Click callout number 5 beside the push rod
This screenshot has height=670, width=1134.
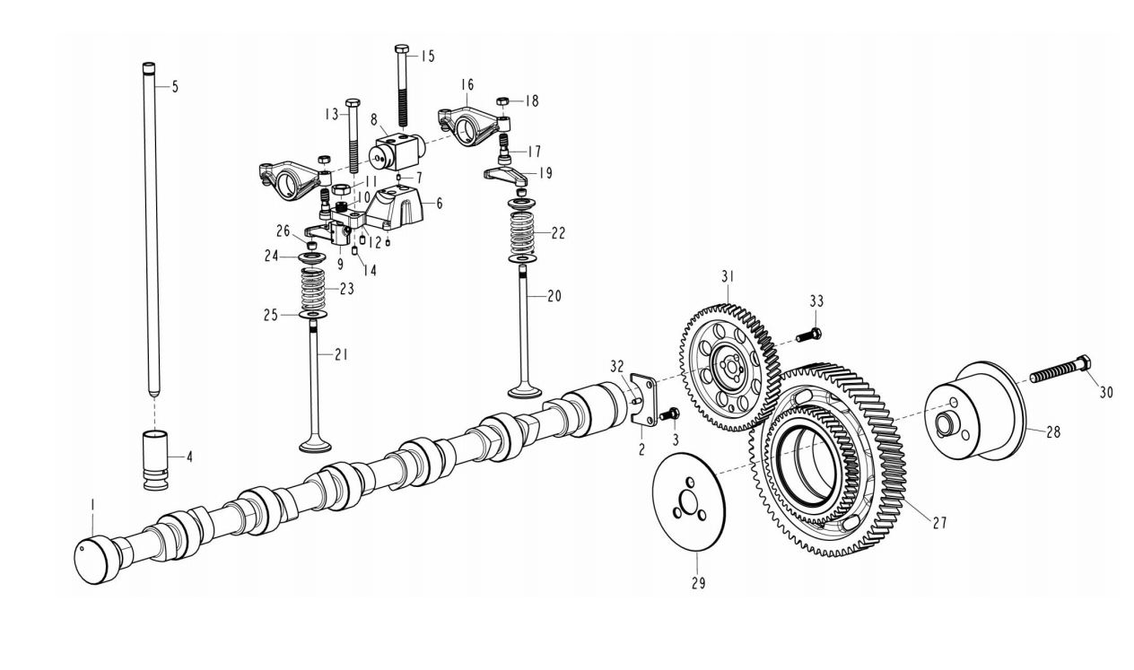point(175,87)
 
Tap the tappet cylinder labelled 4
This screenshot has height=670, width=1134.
point(157,460)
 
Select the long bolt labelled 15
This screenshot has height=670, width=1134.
point(403,85)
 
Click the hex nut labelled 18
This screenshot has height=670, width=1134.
point(502,101)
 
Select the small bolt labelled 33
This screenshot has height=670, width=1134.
point(808,335)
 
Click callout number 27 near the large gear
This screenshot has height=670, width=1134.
point(939,523)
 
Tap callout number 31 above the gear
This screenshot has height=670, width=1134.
point(728,276)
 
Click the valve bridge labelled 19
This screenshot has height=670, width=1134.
point(507,177)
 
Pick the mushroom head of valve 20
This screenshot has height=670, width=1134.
point(525,392)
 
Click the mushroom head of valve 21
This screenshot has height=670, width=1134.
point(316,447)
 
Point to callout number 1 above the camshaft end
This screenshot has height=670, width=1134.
point(92,505)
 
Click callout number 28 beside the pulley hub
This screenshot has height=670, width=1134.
point(1053,432)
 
